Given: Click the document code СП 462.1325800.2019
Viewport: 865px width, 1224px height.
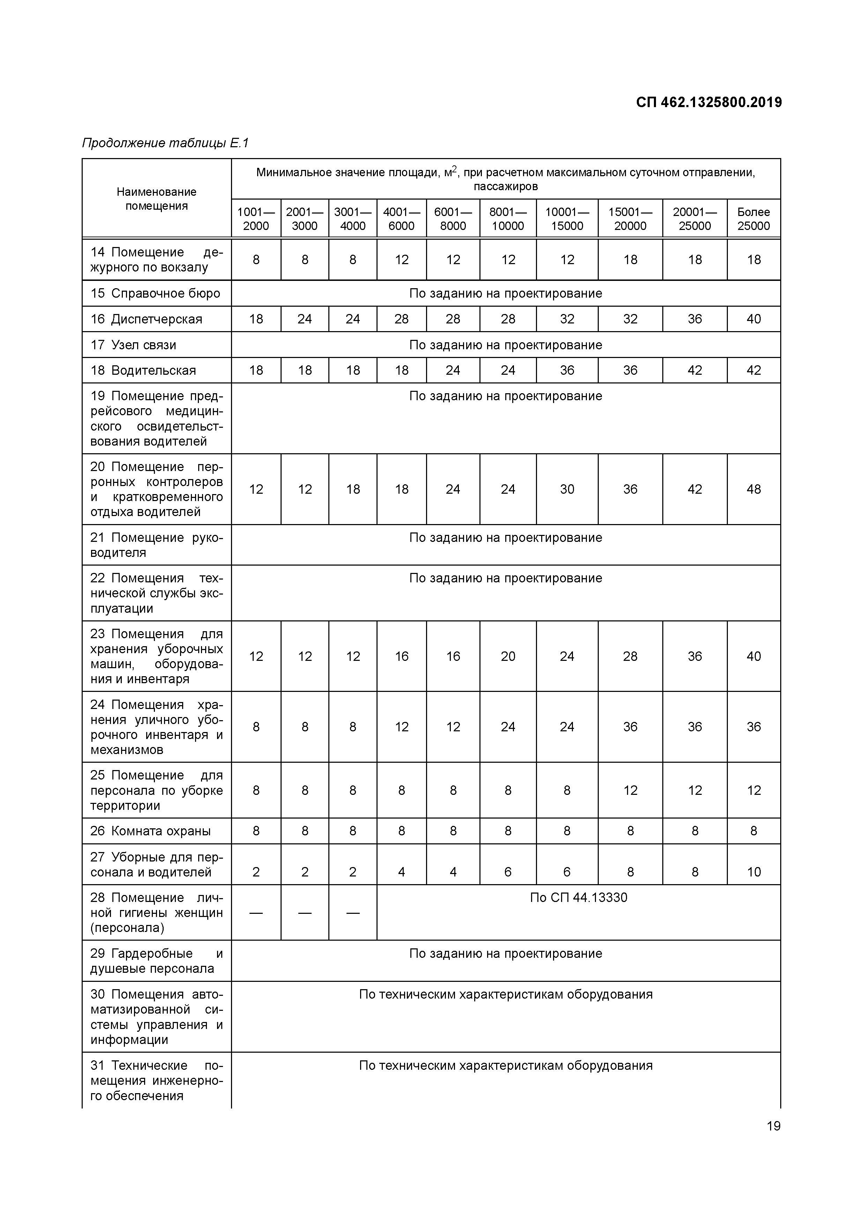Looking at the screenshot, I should (x=708, y=102).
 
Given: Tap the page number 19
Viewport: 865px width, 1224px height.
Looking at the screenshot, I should (x=773, y=1126).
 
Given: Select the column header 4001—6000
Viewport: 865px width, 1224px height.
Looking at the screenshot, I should (x=401, y=218).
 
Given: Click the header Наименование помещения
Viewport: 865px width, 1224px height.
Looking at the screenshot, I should (x=156, y=199).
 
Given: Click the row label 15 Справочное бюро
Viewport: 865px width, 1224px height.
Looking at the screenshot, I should (x=155, y=293).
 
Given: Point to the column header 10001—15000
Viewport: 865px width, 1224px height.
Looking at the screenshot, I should (x=567, y=218).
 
